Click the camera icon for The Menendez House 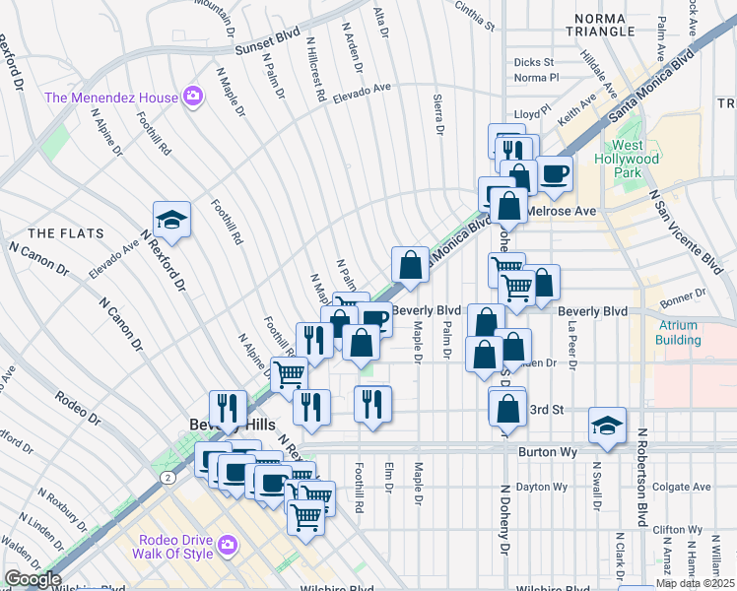click(x=193, y=97)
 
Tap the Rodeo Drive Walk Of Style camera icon click(x=229, y=545)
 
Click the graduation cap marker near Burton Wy click(x=607, y=426)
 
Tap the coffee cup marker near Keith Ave click(x=554, y=174)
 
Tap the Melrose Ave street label click(x=562, y=211)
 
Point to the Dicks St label click(x=535, y=62)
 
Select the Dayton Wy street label click(x=543, y=487)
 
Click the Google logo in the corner click(x=33, y=579)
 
